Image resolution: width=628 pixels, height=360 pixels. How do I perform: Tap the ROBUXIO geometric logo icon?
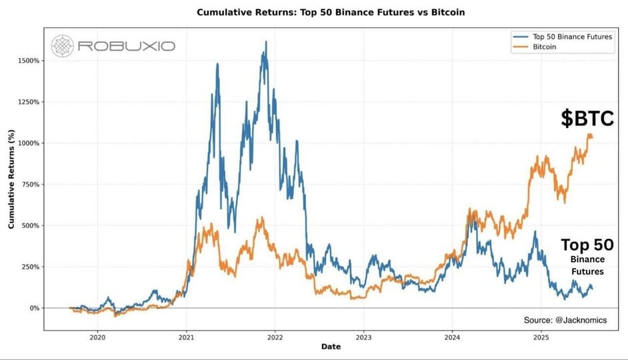pos(63,46)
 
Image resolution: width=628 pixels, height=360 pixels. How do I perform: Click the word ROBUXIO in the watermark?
pos(126,46)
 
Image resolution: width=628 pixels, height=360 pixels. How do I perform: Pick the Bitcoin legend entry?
pos(546,47)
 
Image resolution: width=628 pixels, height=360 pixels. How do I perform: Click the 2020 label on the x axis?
pos(97,337)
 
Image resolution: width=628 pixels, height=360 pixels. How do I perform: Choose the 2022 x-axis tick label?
pos(275,337)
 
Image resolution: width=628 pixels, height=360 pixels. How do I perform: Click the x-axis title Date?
pos(331,347)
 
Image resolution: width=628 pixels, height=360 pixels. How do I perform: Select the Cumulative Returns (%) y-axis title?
pos(11,180)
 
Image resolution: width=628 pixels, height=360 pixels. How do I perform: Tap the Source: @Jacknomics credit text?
pos(565,320)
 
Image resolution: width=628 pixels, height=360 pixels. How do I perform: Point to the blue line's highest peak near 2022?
pos(266,42)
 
